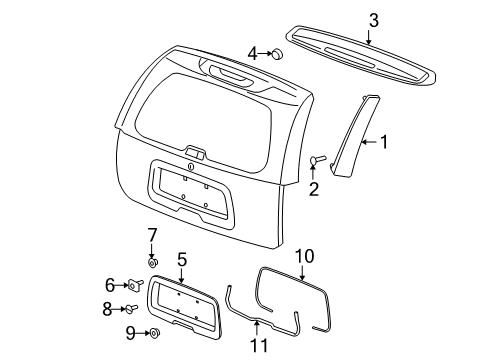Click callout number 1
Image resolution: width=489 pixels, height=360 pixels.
pyautogui.click(x=383, y=142)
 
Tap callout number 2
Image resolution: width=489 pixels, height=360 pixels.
pyautogui.click(x=313, y=189)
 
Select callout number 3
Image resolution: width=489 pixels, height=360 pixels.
pyautogui.click(x=373, y=19)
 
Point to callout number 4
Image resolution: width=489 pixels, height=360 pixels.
pyautogui.click(x=253, y=53)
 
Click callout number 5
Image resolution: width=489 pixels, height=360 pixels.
pyautogui.click(x=182, y=259)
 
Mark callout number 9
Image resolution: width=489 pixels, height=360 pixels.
pyautogui.click(x=130, y=333)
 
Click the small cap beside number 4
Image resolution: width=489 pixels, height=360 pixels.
pyautogui.click(x=278, y=53)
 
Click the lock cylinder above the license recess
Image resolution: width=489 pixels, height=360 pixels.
pyautogui.click(x=190, y=166)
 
